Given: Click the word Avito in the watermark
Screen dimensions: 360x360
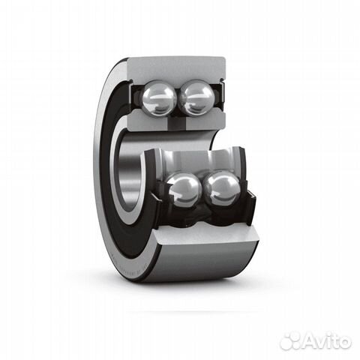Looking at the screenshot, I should point(328,341).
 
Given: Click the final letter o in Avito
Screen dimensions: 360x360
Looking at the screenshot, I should point(346,342).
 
